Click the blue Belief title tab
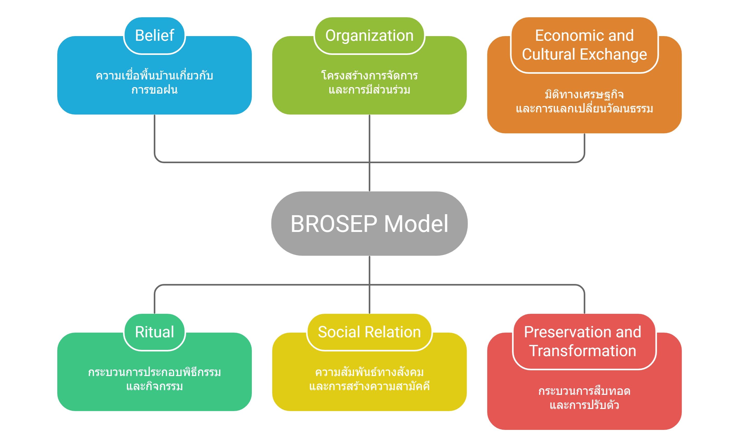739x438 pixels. click(154, 36)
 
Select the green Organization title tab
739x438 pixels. click(369, 36)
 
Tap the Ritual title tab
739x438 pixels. click(154, 332)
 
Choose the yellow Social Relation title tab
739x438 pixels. click(369, 332)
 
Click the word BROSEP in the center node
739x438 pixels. click(334, 224)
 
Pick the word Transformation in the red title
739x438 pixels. click(583, 351)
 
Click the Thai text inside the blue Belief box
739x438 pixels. click(154, 83)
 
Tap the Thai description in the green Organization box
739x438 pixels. click(369, 83)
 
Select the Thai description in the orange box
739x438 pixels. click(584, 101)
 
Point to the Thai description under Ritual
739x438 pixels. click(154, 379)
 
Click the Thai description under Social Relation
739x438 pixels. click(369, 379)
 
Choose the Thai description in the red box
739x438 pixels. click(584, 398)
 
